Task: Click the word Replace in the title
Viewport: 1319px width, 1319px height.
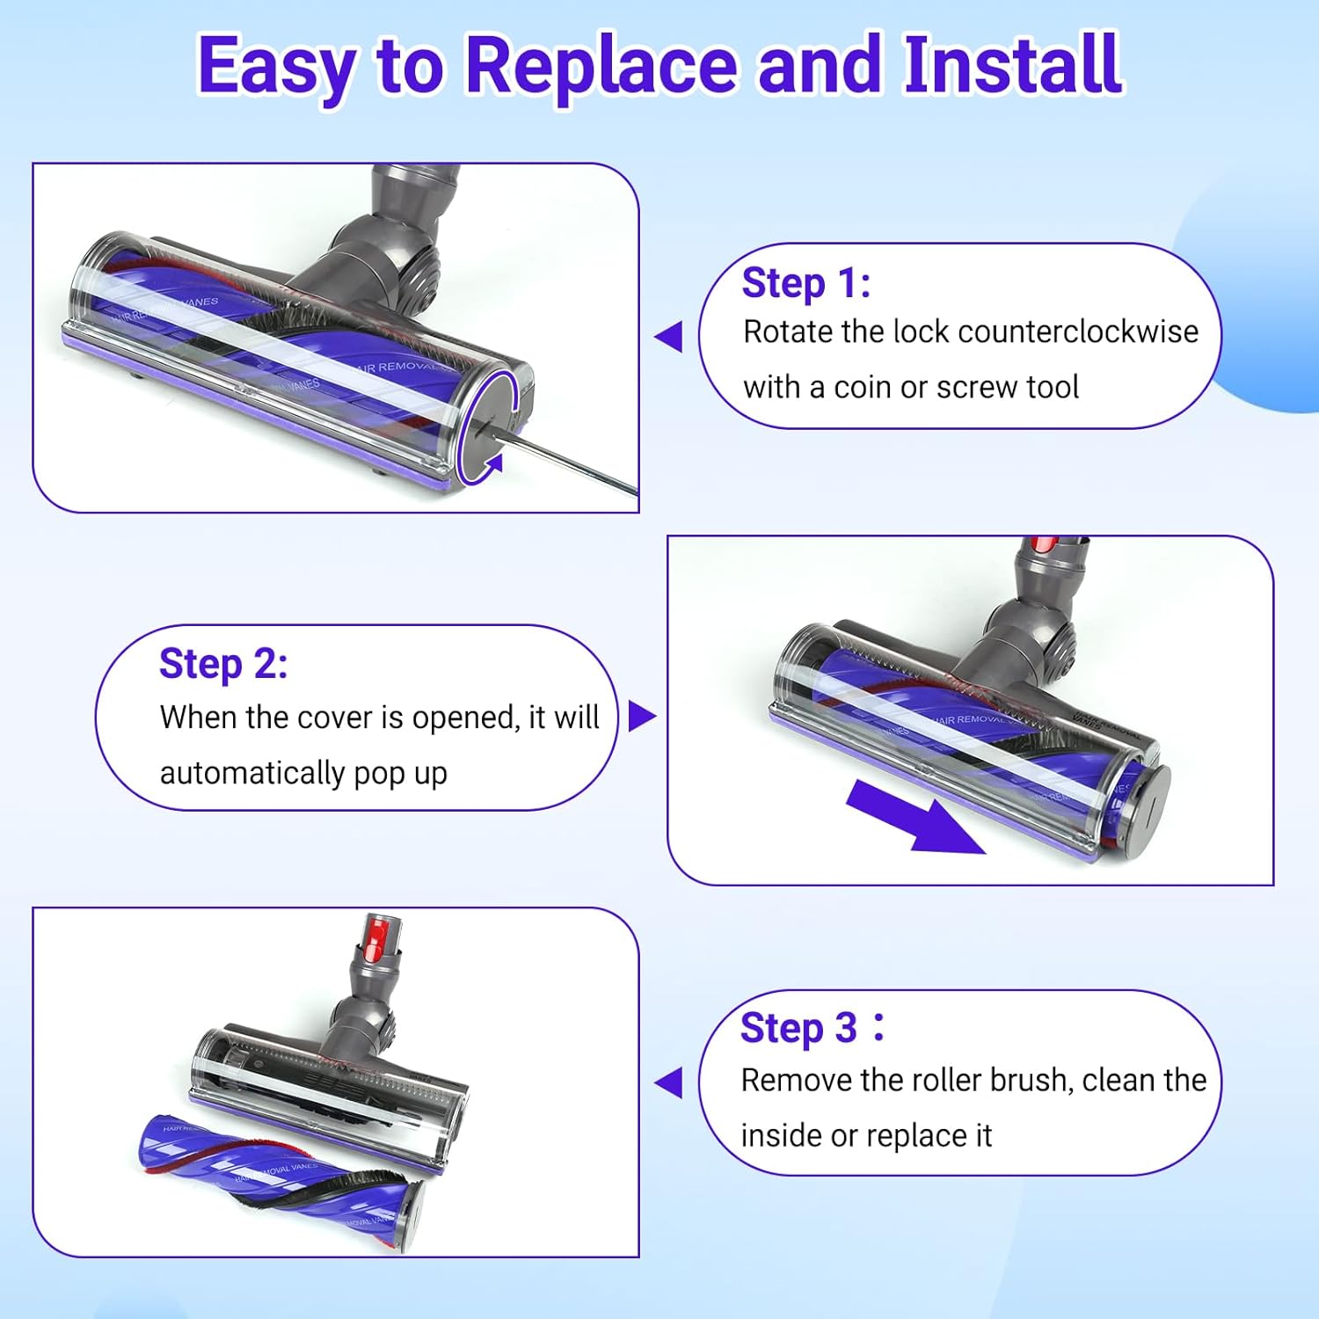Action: coord(601,66)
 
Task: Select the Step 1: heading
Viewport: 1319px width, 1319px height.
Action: coord(806,283)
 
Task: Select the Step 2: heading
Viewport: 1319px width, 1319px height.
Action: coord(223,664)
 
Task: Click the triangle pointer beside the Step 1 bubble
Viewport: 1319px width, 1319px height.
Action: coord(670,336)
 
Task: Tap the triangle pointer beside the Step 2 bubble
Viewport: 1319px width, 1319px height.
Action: coord(641,716)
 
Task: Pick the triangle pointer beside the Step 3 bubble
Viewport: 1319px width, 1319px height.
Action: coord(670,1082)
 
